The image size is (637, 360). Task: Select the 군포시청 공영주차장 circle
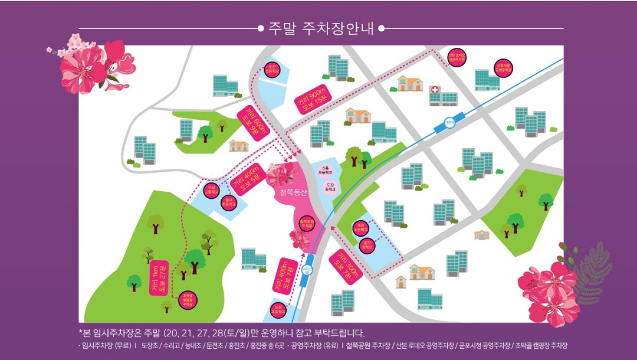[504, 68]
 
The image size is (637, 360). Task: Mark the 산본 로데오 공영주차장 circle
[457, 57]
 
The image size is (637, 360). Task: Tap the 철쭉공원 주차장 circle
[306, 224]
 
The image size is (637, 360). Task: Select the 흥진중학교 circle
[366, 245]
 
